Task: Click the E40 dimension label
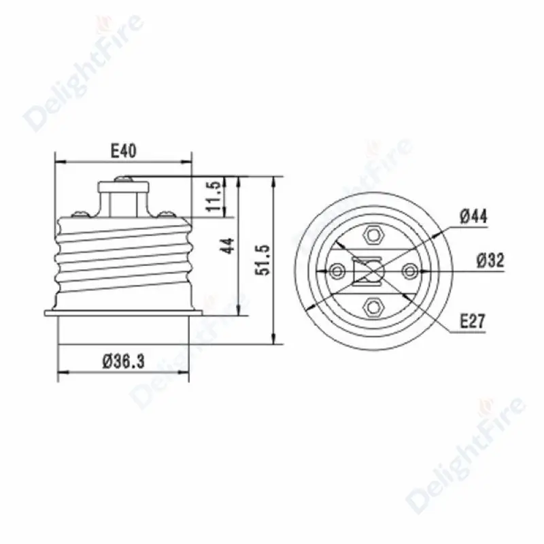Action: click(124, 151)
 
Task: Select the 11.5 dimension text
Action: click(214, 196)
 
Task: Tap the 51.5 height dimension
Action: click(262, 260)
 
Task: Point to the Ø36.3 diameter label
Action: click(124, 362)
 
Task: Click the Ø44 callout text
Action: click(473, 216)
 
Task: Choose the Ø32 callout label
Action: click(490, 260)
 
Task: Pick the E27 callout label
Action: click(472, 321)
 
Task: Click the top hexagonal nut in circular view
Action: click(373, 235)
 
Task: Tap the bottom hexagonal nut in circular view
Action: click(373, 307)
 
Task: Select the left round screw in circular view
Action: click(337, 271)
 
